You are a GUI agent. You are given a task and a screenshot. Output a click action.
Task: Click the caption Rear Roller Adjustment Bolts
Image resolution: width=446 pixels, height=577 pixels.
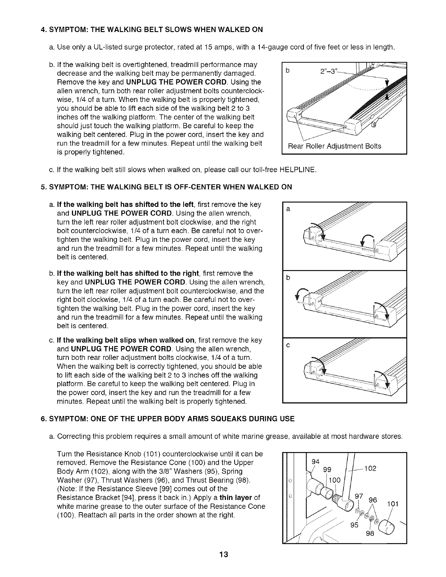(x=334, y=146)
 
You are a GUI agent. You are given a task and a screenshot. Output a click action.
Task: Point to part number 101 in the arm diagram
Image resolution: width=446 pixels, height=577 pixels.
(x=392, y=504)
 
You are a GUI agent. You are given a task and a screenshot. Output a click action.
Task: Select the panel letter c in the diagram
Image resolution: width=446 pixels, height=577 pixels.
(x=288, y=346)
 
